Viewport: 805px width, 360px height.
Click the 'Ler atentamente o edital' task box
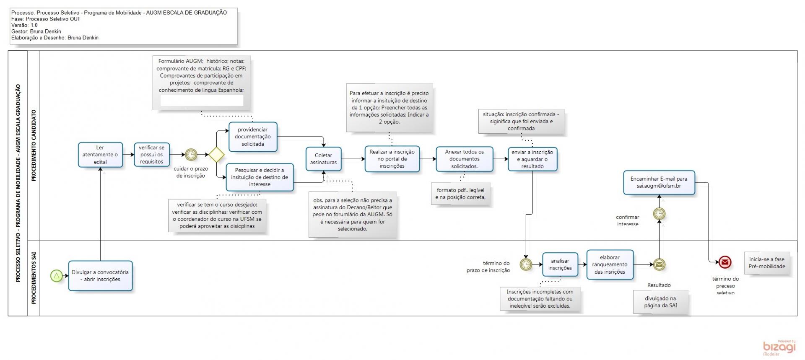100,155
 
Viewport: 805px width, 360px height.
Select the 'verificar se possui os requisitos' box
151,155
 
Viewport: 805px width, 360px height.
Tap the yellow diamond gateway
216,155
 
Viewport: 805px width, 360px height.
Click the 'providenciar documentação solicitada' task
253,137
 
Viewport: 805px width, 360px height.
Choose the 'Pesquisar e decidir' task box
260,177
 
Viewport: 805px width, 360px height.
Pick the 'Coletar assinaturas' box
323,159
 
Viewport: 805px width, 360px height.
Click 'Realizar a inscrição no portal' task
392,159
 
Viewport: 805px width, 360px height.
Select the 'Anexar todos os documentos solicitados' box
464,159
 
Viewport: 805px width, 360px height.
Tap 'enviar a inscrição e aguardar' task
532,159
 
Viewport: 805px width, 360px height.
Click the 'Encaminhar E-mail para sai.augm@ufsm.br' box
659,182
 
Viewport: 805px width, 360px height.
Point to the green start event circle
57,276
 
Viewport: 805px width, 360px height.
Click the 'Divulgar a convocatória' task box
100,276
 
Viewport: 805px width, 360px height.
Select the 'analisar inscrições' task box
560,264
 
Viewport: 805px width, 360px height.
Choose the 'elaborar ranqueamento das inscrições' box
610,264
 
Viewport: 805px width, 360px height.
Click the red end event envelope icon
725,263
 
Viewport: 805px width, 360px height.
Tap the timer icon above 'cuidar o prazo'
191,155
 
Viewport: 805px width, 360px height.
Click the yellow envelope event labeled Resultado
659,264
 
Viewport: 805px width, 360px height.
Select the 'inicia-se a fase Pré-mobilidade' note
767,263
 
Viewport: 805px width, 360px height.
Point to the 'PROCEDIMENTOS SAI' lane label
34,278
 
